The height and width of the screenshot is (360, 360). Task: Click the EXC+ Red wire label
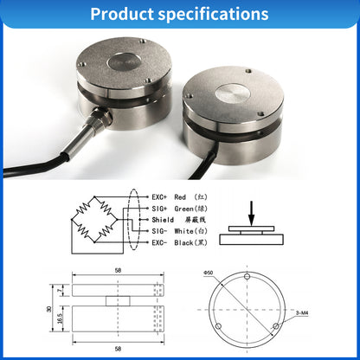point(168,197)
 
